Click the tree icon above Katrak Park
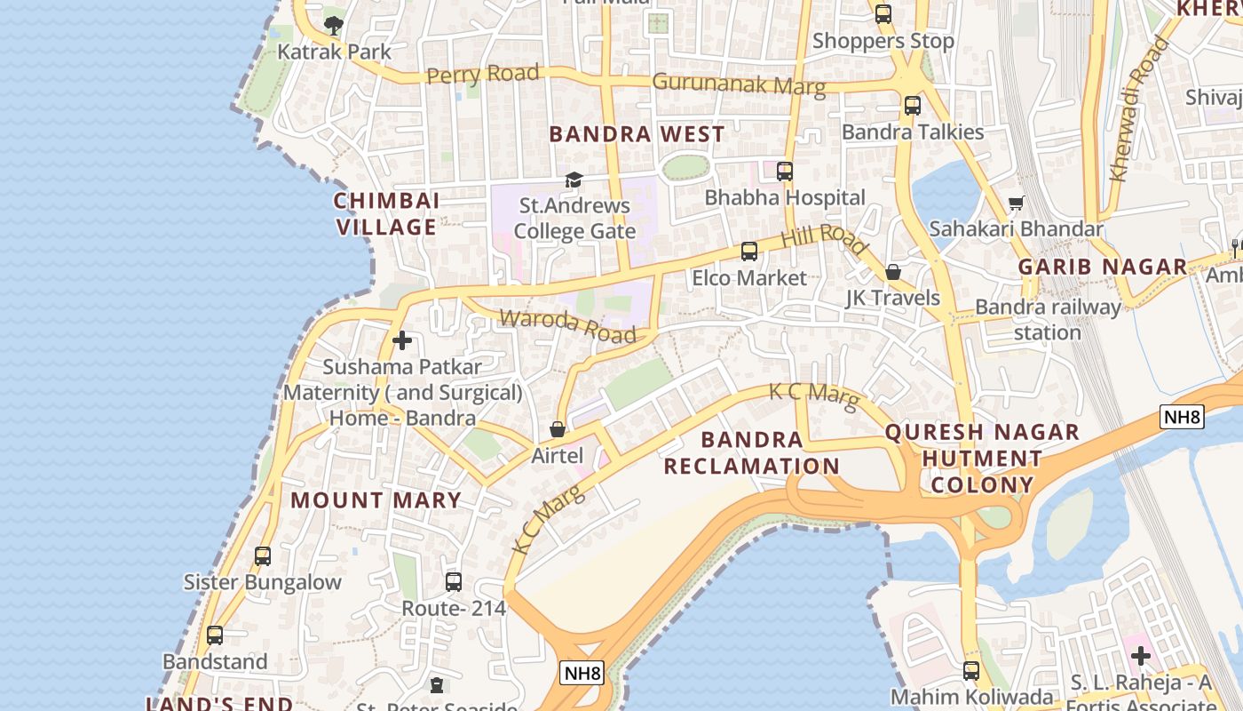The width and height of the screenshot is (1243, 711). click(333, 25)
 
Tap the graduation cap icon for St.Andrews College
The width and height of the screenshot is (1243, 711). click(574, 180)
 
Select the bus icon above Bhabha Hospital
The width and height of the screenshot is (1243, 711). click(785, 171)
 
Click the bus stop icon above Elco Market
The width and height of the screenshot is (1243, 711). click(749, 252)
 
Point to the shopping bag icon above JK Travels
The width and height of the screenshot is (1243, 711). click(893, 272)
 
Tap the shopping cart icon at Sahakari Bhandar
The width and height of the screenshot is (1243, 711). click(1017, 204)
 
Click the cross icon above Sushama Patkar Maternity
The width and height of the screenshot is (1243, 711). click(402, 340)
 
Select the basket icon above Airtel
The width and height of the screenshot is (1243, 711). click(558, 430)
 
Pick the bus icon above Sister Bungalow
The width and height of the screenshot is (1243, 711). click(263, 556)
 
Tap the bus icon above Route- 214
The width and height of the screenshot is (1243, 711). click(454, 582)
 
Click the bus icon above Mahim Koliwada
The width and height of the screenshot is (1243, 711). click(971, 671)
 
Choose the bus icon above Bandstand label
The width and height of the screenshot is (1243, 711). click(215, 635)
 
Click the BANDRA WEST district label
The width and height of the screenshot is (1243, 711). click(637, 134)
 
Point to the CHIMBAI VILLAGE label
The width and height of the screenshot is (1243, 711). click(386, 213)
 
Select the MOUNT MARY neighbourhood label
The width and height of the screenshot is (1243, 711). click(376, 500)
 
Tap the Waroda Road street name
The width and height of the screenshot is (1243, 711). click(567, 325)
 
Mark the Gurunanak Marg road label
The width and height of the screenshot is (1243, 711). click(739, 84)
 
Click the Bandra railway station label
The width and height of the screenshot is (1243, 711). click(1048, 320)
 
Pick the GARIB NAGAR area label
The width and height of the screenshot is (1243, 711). click(1102, 267)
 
